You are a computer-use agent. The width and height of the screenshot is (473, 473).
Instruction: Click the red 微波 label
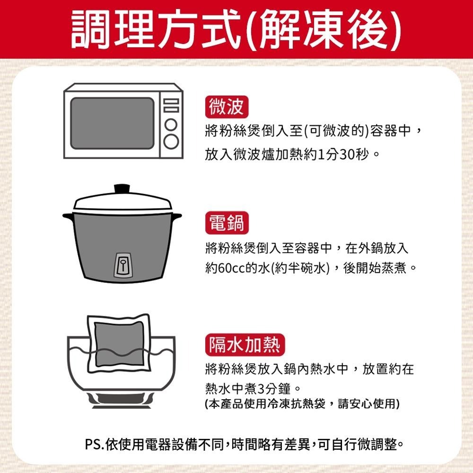[227, 107]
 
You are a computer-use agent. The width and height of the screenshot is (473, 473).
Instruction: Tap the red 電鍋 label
[227, 223]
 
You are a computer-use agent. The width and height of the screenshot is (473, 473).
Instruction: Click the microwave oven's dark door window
[112, 123]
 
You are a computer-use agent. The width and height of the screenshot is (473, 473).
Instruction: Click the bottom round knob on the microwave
[171, 140]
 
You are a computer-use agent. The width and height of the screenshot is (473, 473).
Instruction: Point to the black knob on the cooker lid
[123, 188]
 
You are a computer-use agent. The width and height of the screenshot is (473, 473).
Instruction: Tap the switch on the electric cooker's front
[123, 263]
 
